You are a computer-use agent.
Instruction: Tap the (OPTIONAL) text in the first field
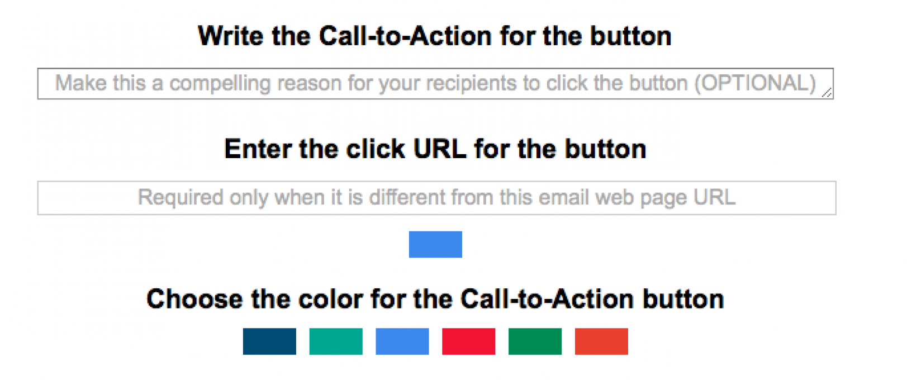tap(755, 83)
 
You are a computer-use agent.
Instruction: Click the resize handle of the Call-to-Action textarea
tap(827, 93)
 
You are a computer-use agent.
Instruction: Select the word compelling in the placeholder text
tap(220, 84)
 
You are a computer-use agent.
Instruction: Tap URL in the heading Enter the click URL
tap(440, 149)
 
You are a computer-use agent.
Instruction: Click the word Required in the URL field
tap(181, 197)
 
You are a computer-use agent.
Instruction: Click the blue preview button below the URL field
tap(435, 244)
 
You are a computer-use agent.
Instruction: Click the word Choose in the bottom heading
tap(195, 300)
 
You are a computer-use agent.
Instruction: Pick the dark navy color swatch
tap(269, 341)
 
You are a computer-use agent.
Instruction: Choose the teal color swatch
tap(336, 341)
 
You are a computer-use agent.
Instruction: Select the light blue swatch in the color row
tap(402, 341)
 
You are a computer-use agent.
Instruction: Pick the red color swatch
tap(468, 341)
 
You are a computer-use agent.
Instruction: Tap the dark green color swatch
tap(535, 341)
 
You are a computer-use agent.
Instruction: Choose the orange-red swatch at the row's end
tap(601, 341)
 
